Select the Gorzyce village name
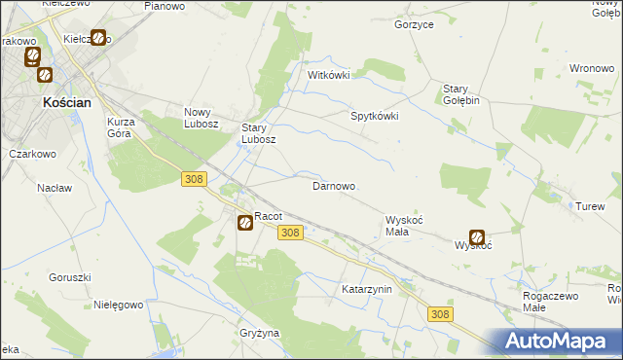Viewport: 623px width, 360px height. [414, 24]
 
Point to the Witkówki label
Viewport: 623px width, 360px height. [328, 75]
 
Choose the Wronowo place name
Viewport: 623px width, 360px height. [590, 69]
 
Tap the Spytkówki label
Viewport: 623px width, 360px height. [375, 115]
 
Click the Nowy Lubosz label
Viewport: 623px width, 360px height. [204, 118]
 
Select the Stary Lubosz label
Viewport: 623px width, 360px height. [260, 133]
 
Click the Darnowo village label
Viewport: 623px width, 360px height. [333, 186]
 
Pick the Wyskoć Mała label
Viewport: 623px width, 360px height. [404, 226]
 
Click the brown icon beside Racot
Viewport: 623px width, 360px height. [244, 223]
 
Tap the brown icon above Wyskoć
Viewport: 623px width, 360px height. [477, 236]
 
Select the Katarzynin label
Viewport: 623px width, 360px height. [366, 290]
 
